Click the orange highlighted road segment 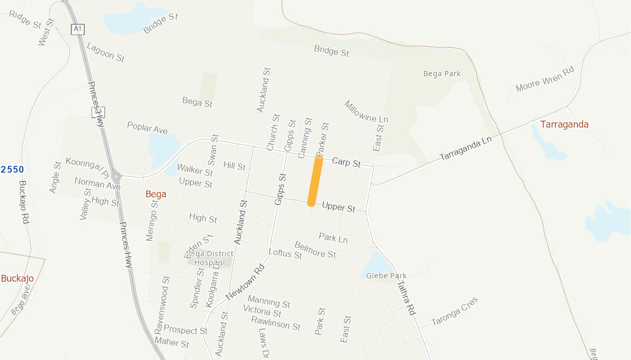point(315,181)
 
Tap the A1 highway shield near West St point(77,29)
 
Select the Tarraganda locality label point(564,124)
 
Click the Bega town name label point(156,194)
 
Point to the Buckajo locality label point(17,278)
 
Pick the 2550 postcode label point(12,169)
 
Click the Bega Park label point(442,74)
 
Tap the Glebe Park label point(386,276)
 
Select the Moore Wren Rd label point(545,80)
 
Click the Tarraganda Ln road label point(466,148)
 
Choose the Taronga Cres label point(454,311)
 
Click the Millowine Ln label point(366,112)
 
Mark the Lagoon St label point(105,52)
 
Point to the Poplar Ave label point(147,128)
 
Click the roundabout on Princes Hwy point(116,176)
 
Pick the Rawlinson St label point(275,323)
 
